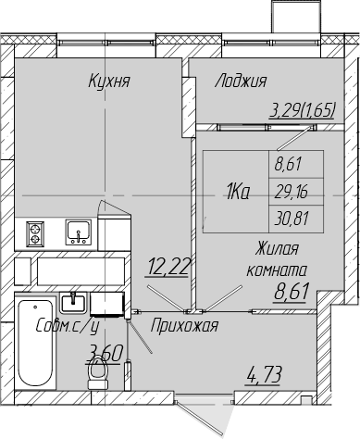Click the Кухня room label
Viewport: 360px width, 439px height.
(x=109, y=82)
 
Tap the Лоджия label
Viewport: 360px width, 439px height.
(x=241, y=82)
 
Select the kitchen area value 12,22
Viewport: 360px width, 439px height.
(x=168, y=267)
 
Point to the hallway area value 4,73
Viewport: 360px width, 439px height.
(x=264, y=375)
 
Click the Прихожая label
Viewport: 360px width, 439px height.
(x=184, y=326)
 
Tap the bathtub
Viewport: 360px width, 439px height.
(x=35, y=342)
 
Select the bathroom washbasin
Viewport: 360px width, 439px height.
(x=73, y=303)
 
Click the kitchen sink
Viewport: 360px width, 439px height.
(x=79, y=232)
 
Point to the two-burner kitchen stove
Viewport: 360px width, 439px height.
(x=35, y=234)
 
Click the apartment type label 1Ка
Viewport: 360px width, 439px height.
(x=238, y=193)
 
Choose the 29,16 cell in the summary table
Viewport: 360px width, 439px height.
(x=292, y=193)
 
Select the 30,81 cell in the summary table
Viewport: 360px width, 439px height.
(x=292, y=219)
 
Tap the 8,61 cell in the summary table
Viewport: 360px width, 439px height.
(x=288, y=165)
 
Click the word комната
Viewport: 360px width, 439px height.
(x=277, y=270)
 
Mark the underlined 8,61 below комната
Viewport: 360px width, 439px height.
(x=292, y=292)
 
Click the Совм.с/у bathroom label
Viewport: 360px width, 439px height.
(x=67, y=326)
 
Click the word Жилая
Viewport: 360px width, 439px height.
(x=277, y=249)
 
